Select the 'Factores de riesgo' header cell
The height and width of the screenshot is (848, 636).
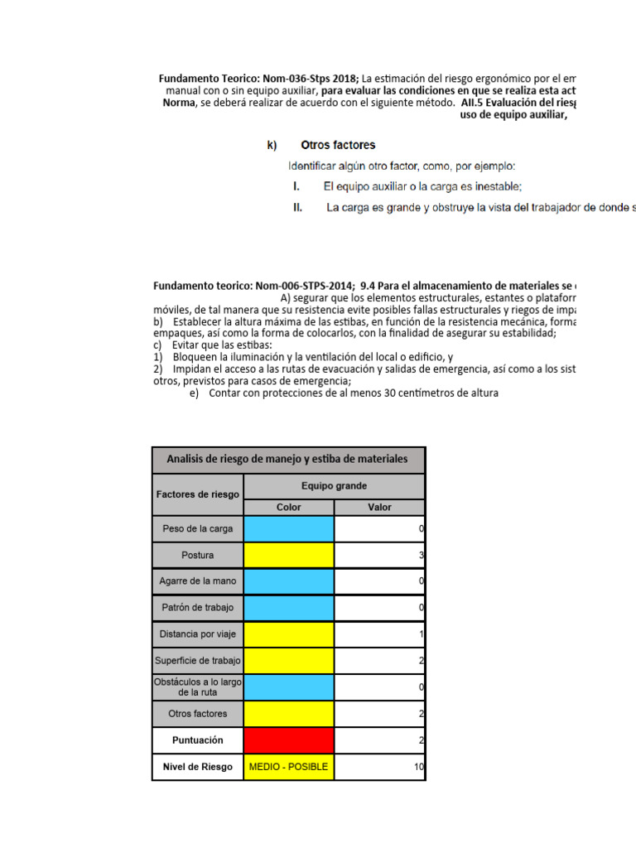(198, 494)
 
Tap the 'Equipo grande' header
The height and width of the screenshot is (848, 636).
(334, 485)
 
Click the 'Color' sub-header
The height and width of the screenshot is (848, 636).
(289, 508)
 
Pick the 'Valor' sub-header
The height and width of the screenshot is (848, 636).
(379, 508)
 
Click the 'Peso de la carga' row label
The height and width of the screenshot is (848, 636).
(198, 528)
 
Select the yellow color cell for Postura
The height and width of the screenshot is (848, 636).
(289, 555)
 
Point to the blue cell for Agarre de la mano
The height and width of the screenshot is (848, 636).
(289, 581)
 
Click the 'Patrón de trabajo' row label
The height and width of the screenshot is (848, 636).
(198, 608)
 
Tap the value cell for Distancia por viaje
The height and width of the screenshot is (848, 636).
(379, 634)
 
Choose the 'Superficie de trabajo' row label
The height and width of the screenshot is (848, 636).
(198, 661)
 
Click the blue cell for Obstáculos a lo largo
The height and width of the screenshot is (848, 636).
(289, 687)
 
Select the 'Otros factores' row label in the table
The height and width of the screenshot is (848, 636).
(198, 713)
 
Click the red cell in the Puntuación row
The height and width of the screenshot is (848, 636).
(289, 740)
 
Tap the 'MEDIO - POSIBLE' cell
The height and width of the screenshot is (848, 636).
(289, 767)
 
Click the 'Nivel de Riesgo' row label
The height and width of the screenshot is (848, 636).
(198, 767)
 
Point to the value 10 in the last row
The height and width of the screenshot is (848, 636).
(418, 767)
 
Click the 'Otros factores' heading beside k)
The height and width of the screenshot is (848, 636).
(338, 145)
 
